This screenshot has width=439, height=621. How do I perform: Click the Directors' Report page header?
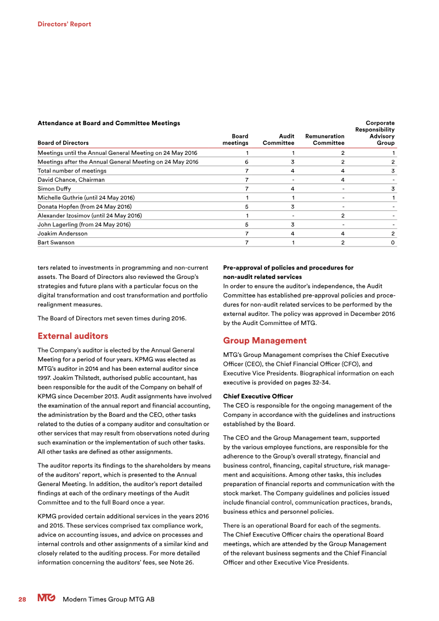[x=64, y=24]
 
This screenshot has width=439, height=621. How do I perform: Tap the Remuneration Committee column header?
[x=324, y=139]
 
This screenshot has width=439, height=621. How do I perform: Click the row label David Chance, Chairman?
[x=71, y=180]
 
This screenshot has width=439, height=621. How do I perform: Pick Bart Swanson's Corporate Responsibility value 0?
[x=392, y=242]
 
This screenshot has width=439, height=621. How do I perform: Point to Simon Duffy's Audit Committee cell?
[x=292, y=188]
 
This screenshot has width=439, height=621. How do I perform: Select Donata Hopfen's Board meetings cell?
[x=246, y=206]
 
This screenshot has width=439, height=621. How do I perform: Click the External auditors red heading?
[x=72, y=335]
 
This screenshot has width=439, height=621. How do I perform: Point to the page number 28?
[x=22, y=600]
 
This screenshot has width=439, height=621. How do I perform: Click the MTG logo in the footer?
[x=47, y=599]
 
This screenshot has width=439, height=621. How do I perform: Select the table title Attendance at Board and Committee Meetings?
[x=108, y=123]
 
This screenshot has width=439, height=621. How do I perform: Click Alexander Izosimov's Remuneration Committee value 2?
[x=342, y=215]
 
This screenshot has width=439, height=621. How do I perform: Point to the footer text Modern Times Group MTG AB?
[x=109, y=600]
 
